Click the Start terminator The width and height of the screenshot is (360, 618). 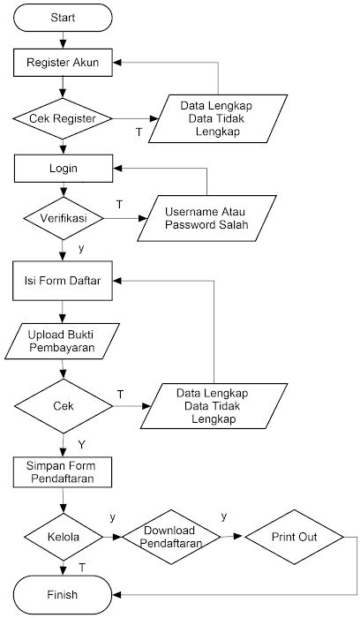tap(63, 17)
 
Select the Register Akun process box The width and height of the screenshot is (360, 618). tap(63, 63)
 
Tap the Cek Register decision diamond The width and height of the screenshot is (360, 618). tap(63, 117)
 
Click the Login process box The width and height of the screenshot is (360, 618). tap(63, 167)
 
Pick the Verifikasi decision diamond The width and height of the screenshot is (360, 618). tap(63, 217)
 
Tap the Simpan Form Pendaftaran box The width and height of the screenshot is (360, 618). tap(63, 473)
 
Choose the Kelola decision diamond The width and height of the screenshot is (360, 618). tap(63, 536)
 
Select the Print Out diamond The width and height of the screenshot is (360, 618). tap(294, 536)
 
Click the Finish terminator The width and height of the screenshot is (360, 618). tap(63, 594)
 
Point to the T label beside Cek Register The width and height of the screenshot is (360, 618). tap(138, 132)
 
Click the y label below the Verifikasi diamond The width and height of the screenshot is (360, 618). tap(81, 249)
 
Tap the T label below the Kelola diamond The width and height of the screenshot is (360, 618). tap(81, 566)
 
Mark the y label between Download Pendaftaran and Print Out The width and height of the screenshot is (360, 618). tap(223, 516)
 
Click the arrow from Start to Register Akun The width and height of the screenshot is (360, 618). tap(63, 39)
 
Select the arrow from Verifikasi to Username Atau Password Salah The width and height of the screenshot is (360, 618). tap(122, 217)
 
